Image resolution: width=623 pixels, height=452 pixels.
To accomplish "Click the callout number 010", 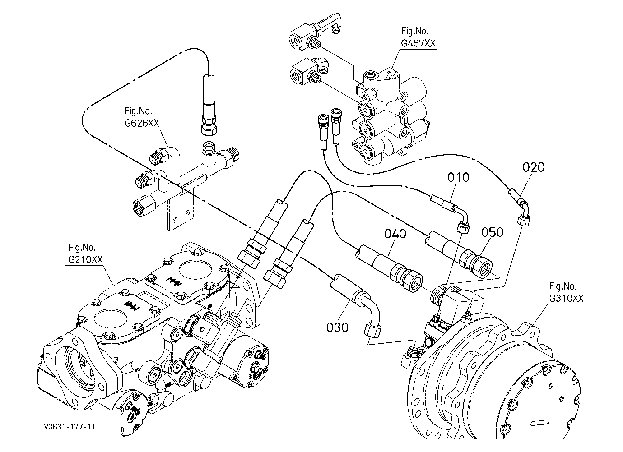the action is pyautogui.click(x=458, y=177).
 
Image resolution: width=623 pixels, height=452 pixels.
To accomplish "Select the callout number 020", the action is pyautogui.click(x=534, y=167).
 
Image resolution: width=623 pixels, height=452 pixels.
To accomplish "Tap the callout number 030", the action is pyautogui.click(x=337, y=327).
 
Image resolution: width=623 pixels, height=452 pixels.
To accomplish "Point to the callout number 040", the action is pyautogui.click(x=395, y=234).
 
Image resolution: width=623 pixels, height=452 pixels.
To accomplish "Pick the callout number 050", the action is pyautogui.click(x=492, y=232).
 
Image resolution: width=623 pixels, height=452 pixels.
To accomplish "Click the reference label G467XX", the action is pyautogui.click(x=418, y=43).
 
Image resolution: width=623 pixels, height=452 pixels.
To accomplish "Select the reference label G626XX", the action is pyautogui.click(x=142, y=123).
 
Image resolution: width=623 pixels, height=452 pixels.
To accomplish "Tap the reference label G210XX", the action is pyautogui.click(x=85, y=259).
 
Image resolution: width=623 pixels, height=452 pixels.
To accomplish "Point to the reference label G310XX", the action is pyautogui.click(x=566, y=298).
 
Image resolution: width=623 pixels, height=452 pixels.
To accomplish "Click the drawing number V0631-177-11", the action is pyautogui.click(x=70, y=427).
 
